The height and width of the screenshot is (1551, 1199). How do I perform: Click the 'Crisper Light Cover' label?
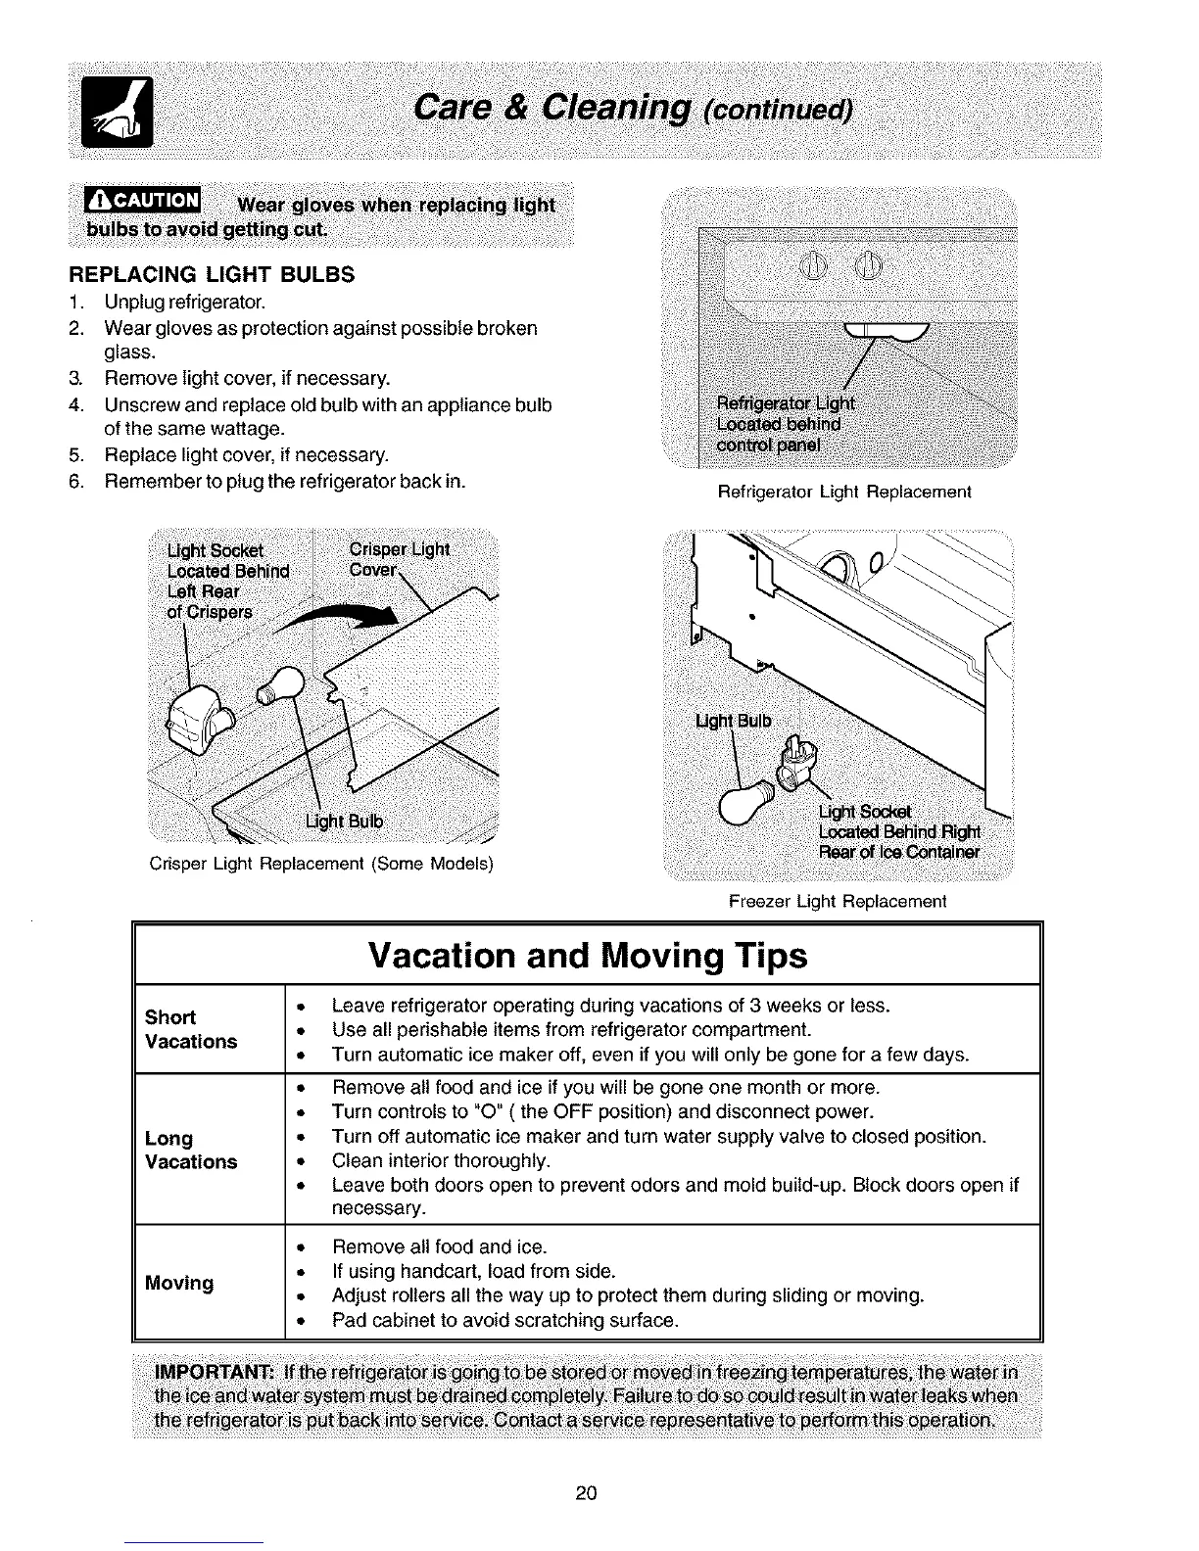click(x=399, y=559)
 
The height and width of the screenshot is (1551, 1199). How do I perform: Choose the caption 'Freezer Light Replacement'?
click(x=838, y=901)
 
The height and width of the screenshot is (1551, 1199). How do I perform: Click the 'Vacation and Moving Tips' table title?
click(x=588, y=955)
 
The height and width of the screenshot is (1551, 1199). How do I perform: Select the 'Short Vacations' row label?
click(x=191, y=1029)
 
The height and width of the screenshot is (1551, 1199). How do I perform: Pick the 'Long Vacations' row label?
click(x=191, y=1150)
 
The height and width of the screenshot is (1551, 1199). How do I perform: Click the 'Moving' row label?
click(x=179, y=1283)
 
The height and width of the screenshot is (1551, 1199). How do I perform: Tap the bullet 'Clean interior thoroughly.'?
click(x=441, y=1161)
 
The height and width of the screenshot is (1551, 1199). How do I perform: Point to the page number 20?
click(x=587, y=1493)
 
